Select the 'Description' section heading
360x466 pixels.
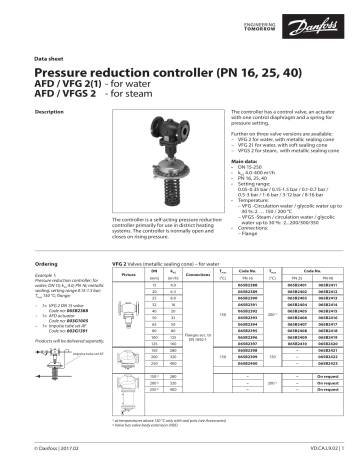tap(52, 111)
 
